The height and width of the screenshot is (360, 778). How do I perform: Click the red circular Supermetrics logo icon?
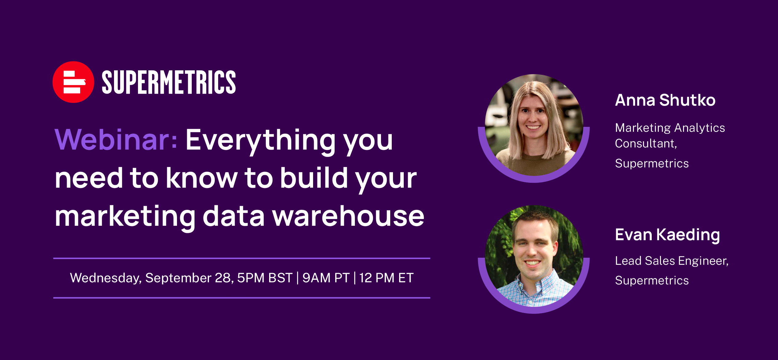click(73, 82)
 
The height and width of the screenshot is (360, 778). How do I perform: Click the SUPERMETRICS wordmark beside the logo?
click(169, 82)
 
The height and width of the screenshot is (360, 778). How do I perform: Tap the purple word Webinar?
click(116, 140)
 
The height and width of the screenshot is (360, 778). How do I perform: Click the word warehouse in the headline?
click(348, 216)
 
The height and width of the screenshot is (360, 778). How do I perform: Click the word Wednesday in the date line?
click(106, 278)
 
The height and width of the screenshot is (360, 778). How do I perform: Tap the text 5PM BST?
click(265, 278)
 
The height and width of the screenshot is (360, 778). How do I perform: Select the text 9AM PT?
click(326, 278)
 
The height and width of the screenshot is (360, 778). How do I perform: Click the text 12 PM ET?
click(387, 278)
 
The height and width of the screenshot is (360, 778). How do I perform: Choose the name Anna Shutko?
click(665, 100)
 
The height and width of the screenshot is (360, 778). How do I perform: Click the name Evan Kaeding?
click(667, 235)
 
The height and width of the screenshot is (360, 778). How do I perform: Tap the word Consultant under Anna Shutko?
click(646, 143)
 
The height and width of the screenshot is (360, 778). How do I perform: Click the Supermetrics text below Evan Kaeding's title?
click(652, 281)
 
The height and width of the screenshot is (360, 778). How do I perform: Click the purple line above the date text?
click(242, 258)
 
